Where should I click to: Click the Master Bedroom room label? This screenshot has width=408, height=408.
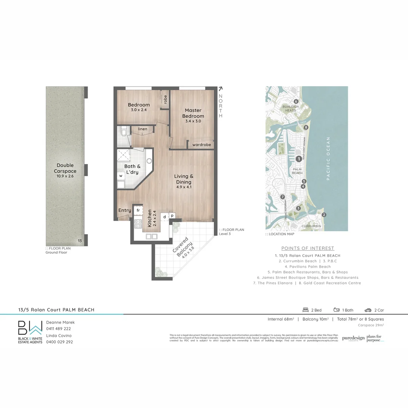193,113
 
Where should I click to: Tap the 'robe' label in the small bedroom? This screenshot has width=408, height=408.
165,99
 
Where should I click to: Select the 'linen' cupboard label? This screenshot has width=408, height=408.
142,129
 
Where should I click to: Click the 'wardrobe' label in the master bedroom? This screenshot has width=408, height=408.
201,145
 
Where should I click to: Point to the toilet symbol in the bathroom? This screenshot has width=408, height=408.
123,133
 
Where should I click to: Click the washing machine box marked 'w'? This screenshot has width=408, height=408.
121,176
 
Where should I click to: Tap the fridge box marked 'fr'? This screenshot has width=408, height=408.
138,210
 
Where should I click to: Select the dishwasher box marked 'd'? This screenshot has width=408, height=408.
164,217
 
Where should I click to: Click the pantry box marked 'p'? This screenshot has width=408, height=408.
172,215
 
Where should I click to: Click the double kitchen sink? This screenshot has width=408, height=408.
151,236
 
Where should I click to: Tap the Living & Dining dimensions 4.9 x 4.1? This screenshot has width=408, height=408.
184,187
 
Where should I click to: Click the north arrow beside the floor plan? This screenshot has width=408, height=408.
220,89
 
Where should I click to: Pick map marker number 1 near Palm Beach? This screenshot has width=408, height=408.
298,159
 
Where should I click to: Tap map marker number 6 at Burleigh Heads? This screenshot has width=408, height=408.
296,101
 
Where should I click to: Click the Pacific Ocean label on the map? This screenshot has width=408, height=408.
328,159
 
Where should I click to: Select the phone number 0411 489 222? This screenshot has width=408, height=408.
59,329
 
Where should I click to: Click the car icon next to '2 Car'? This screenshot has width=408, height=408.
368,310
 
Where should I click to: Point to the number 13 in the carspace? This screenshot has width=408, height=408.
80,241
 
